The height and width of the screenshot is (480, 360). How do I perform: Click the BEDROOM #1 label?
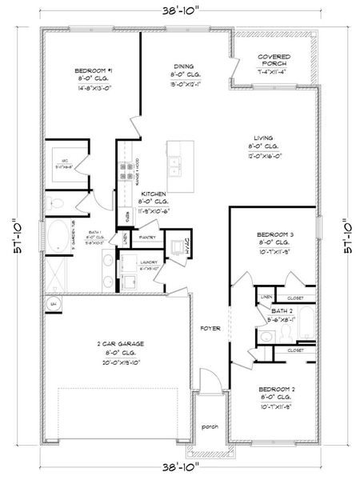click(92, 70)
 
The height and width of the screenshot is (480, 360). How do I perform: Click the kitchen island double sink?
click(176, 166)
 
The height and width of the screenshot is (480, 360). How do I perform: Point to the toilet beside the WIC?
click(54, 203)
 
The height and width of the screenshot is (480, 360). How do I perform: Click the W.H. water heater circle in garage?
click(54, 304)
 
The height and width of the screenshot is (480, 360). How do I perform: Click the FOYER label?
click(209, 328)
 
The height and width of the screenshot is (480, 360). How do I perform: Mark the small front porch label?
click(210, 426)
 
